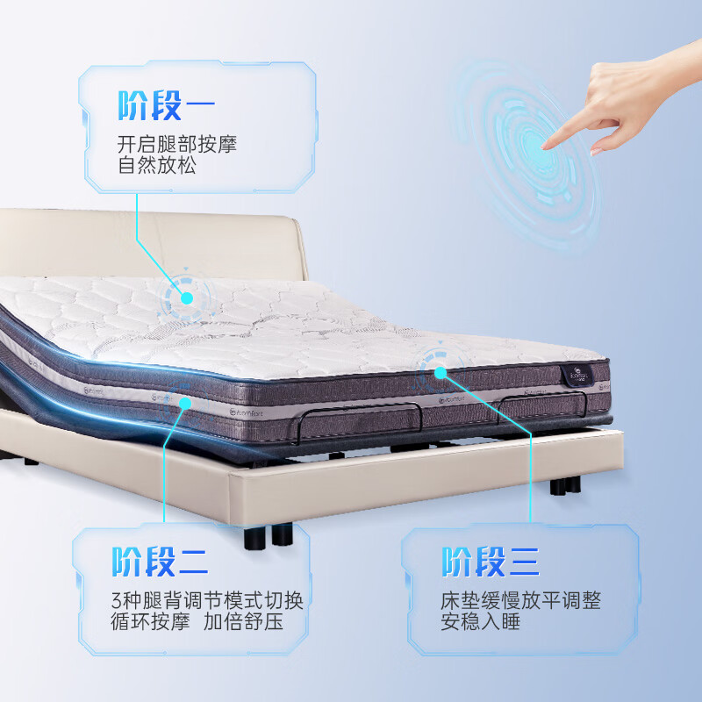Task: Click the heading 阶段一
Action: pyautogui.click(x=165, y=106)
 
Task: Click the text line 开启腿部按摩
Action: pyautogui.click(x=177, y=144)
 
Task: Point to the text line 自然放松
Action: pyautogui.click(x=156, y=165)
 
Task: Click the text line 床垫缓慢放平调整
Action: pyautogui.click(x=520, y=602)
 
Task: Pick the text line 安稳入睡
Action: pyautogui.click(x=480, y=624)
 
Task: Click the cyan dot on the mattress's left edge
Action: pyautogui.click(x=184, y=403)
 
